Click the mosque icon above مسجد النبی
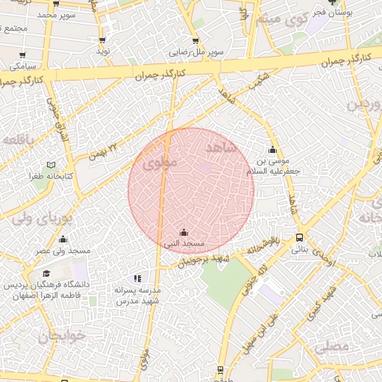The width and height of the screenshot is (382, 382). click(x=184, y=233)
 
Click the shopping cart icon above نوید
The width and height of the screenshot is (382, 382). click(x=101, y=40)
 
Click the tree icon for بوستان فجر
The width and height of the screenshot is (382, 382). click(x=333, y=3)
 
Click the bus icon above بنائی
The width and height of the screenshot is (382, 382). click(x=299, y=238)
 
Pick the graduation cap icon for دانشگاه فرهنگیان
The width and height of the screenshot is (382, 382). click(x=47, y=274)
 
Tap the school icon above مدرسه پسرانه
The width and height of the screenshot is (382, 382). click(x=136, y=278)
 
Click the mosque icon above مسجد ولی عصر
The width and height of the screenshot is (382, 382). click(x=63, y=239)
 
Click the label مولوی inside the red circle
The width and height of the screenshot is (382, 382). click(x=159, y=161)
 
